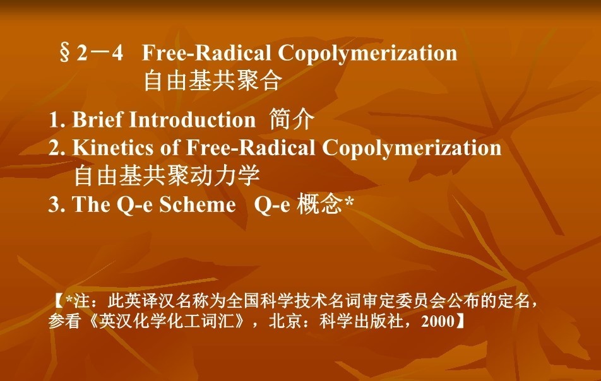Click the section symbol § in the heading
65,53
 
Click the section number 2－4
100,52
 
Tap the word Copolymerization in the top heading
367,53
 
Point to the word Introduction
193,119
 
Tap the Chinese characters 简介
292,119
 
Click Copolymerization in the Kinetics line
411,148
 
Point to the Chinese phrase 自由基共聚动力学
167,175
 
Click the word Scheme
198,204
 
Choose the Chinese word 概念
319,204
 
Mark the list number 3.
56,204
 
